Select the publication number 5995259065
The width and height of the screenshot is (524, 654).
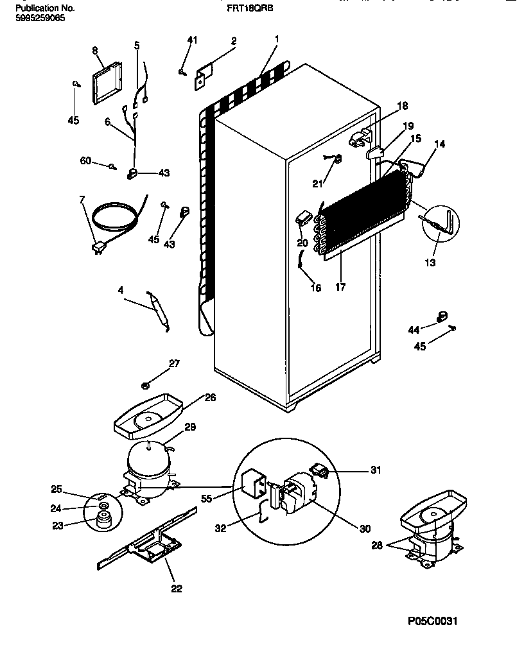pyautogui.click(x=40, y=18)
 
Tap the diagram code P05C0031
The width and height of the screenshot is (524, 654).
pyautogui.click(x=432, y=621)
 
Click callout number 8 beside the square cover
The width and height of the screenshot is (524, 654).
pyautogui.click(x=95, y=50)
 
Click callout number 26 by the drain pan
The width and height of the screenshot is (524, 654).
pyautogui.click(x=210, y=398)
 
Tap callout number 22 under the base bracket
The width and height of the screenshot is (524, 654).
pyautogui.click(x=177, y=589)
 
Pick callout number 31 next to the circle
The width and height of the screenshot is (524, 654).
pyautogui.click(x=375, y=470)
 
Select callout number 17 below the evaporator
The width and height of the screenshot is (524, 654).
pyautogui.click(x=340, y=288)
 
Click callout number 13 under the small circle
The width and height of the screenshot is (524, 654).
pyautogui.click(x=430, y=262)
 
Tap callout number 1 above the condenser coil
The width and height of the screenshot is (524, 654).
pyautogui.click(x=276, y=40)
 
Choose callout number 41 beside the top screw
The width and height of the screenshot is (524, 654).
pyautogui.click(x=191, y=40)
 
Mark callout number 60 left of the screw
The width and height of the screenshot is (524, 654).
pyautogui.click(x=85, y=161)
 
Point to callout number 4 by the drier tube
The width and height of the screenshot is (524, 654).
pyautogui.click(x=120, y=289)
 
